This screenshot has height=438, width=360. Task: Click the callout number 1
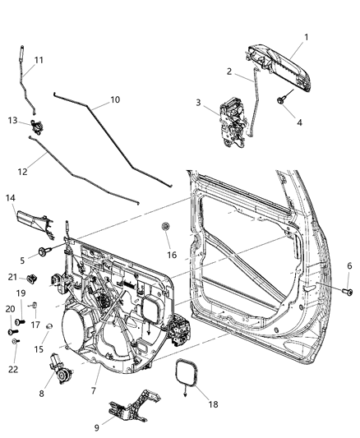306,37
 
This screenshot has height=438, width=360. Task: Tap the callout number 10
115,100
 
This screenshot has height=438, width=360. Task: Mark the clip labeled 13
36,126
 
